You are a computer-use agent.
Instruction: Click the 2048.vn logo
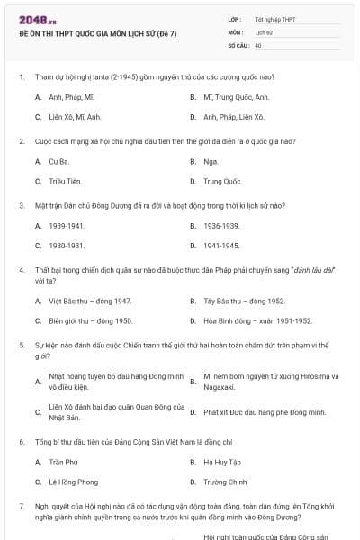click(x=32, y=19)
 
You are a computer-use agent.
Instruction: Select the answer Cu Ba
click(x=58, y=161)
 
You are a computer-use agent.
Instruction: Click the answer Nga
click(x=211, y=161)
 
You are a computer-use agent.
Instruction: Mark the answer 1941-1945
click(x=221, y=245)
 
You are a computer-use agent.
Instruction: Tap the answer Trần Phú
click(x=64, y=462)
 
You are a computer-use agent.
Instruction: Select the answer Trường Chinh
click(x=222, y=481)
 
